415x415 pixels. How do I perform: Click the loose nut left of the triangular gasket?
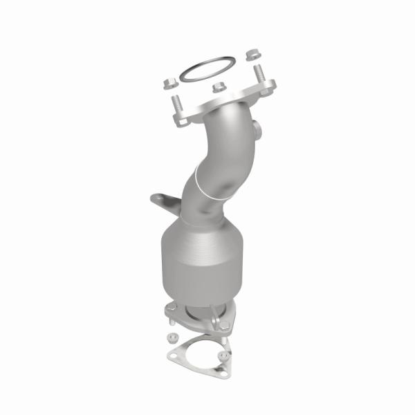coord(168,340)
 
